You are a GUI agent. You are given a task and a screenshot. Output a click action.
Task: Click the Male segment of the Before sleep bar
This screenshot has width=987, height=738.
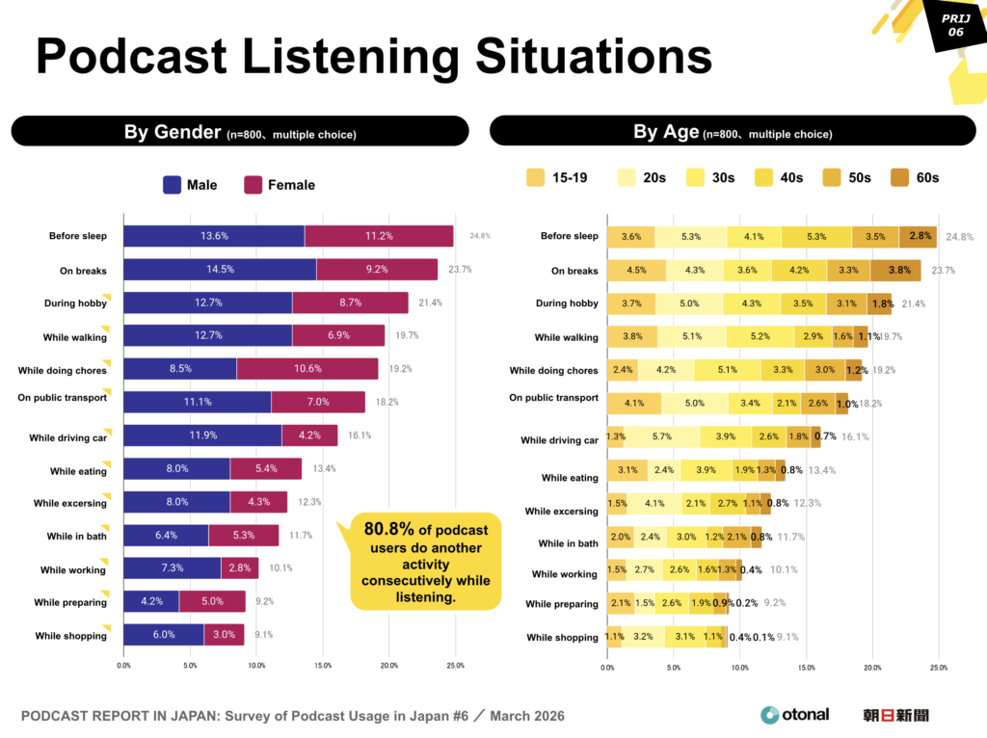click(x=214, y=236)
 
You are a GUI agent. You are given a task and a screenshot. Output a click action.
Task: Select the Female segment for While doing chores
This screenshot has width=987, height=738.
click(x=307, y=369)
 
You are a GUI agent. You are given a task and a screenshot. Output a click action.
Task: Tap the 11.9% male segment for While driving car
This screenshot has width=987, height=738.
click(x=202, y=435)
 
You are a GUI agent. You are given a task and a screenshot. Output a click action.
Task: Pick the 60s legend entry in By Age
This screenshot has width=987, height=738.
click(x=916, y=177)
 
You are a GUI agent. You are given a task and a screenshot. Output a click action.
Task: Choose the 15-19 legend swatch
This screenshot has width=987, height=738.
click(x=535, y=177)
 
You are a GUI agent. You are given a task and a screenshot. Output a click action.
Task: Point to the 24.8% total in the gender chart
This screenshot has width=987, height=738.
click(x=480, y=236)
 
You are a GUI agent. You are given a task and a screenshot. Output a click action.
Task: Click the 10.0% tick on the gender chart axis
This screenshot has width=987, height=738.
click(x=256, y=666)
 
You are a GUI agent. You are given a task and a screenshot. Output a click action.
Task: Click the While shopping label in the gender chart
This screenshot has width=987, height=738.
click(x=70, y=636)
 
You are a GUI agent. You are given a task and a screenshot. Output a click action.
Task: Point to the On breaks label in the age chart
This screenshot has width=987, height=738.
click(x=574, y=271)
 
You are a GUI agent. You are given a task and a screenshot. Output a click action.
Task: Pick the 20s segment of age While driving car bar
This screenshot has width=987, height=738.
click(x=662, y=436)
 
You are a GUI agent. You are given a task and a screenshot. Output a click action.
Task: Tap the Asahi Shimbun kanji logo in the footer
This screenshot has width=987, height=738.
click(x=895, y=715)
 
